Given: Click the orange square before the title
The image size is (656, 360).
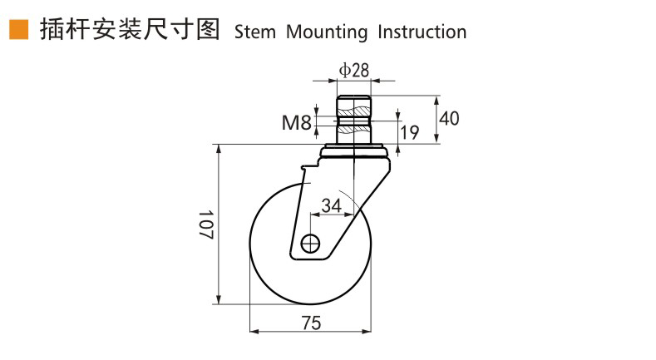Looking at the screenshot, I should (x=17, y=31).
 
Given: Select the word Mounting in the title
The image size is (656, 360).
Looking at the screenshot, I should (x=327, y=32).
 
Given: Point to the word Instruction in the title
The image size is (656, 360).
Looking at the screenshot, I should (x=422, y=32).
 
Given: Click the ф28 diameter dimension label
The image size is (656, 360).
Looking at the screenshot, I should (x=354, y=71).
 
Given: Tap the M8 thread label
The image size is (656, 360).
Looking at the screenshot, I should (x=296, y=124).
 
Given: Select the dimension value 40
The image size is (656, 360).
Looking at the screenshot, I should (x=449, y=118).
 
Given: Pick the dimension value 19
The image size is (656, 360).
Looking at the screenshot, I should (x=409, y=131).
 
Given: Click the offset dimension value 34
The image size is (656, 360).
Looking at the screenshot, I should (x=331, y=204).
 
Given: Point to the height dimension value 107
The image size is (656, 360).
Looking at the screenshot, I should (x=206, y=224).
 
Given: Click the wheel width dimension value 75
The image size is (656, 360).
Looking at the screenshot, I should (x=311, y=323).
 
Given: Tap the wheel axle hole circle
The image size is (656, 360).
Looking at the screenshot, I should (x=311, y=244).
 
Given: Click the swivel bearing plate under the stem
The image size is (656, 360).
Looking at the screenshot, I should (x=353, y=152).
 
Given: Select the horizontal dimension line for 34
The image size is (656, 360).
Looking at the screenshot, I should (x=331, y=214).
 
